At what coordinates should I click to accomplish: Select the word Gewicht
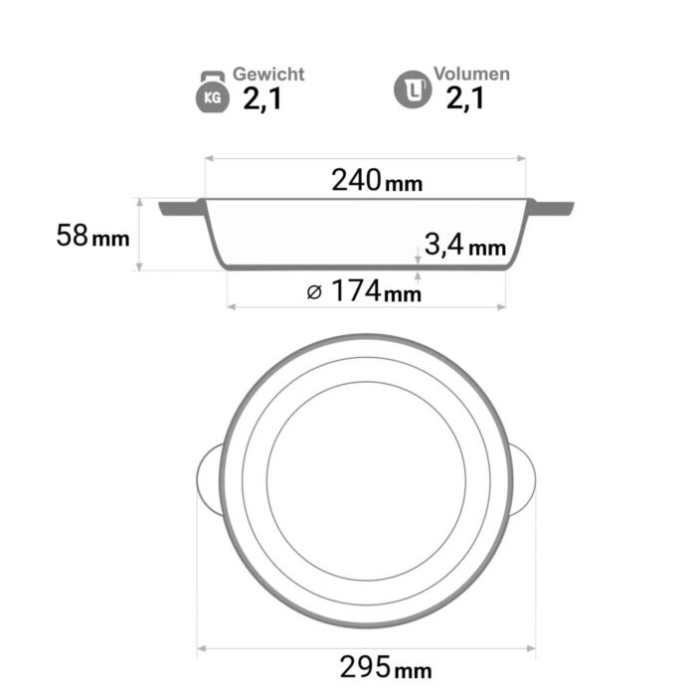coord(268,75)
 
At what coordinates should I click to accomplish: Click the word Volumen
coord(472,74)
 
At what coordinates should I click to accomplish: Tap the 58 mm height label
coord(93,237)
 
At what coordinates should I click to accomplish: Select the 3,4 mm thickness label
coord(464,244)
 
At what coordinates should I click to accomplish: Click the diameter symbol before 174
coord(314,292)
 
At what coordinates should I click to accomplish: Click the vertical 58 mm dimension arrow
coord(140,235)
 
